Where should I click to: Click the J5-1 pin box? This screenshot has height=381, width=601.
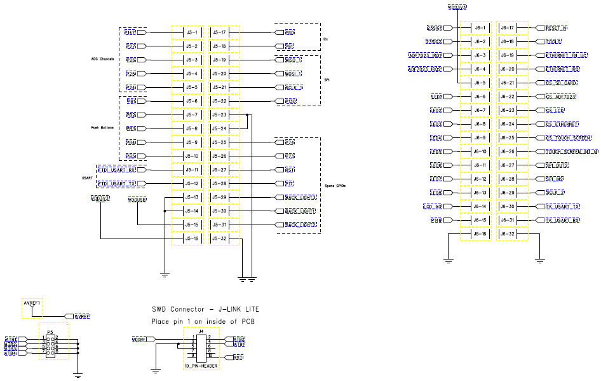coord(191,32)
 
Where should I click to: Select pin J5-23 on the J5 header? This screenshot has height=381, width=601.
coord(219,115)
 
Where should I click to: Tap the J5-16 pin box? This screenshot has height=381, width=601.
coord(191,239)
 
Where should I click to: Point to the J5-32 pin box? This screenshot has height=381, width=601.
coord(219,239)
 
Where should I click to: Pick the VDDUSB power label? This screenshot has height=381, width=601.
coord(137,200)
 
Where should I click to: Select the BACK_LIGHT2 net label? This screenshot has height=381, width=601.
coord(300,225)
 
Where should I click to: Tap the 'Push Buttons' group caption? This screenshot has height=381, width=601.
coord(102,128)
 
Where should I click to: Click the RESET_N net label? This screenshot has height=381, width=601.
coord(555,28)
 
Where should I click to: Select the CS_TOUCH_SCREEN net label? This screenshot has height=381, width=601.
coord(568,138)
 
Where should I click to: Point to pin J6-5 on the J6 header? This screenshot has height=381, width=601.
coord(480,83)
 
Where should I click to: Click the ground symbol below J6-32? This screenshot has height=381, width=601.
coord(539,260)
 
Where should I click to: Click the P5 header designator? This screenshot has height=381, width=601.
coord(49,331)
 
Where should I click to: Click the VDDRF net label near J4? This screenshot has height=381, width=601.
coord(139,340)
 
